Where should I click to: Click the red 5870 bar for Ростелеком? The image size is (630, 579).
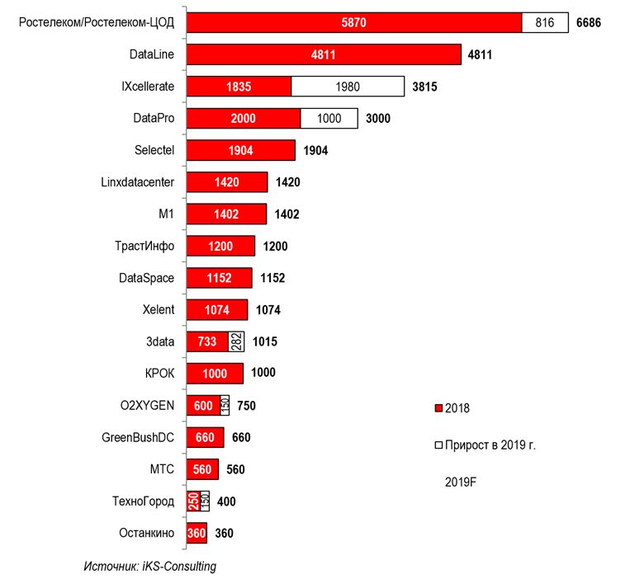click(x=353, y=23)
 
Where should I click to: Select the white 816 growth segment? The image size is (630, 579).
click(x=545, y=23)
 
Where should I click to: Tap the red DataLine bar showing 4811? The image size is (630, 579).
click(x=323, y=55)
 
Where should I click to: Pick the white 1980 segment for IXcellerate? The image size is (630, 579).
click(x=348, y=87)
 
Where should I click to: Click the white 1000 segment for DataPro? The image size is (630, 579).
click(x=329, y=118)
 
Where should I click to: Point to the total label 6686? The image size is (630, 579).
click(x=588, y=23)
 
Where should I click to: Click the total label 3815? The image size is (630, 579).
click(x=425, y=87)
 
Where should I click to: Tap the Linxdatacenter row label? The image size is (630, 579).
click(x=135, y=181)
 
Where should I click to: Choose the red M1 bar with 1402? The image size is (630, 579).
click(x=225, y=214)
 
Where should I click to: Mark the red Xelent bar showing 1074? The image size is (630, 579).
click(x=216, y=310)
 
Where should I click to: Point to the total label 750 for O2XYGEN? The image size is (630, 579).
click(x=247, y=406)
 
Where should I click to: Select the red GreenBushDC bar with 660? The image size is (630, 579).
click(x=206, y=438)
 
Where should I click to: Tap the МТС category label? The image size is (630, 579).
click(x=162, y=470)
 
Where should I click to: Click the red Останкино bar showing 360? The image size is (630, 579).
click(x=197, y=534)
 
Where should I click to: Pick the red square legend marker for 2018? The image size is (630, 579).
click(x=438, y=408)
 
